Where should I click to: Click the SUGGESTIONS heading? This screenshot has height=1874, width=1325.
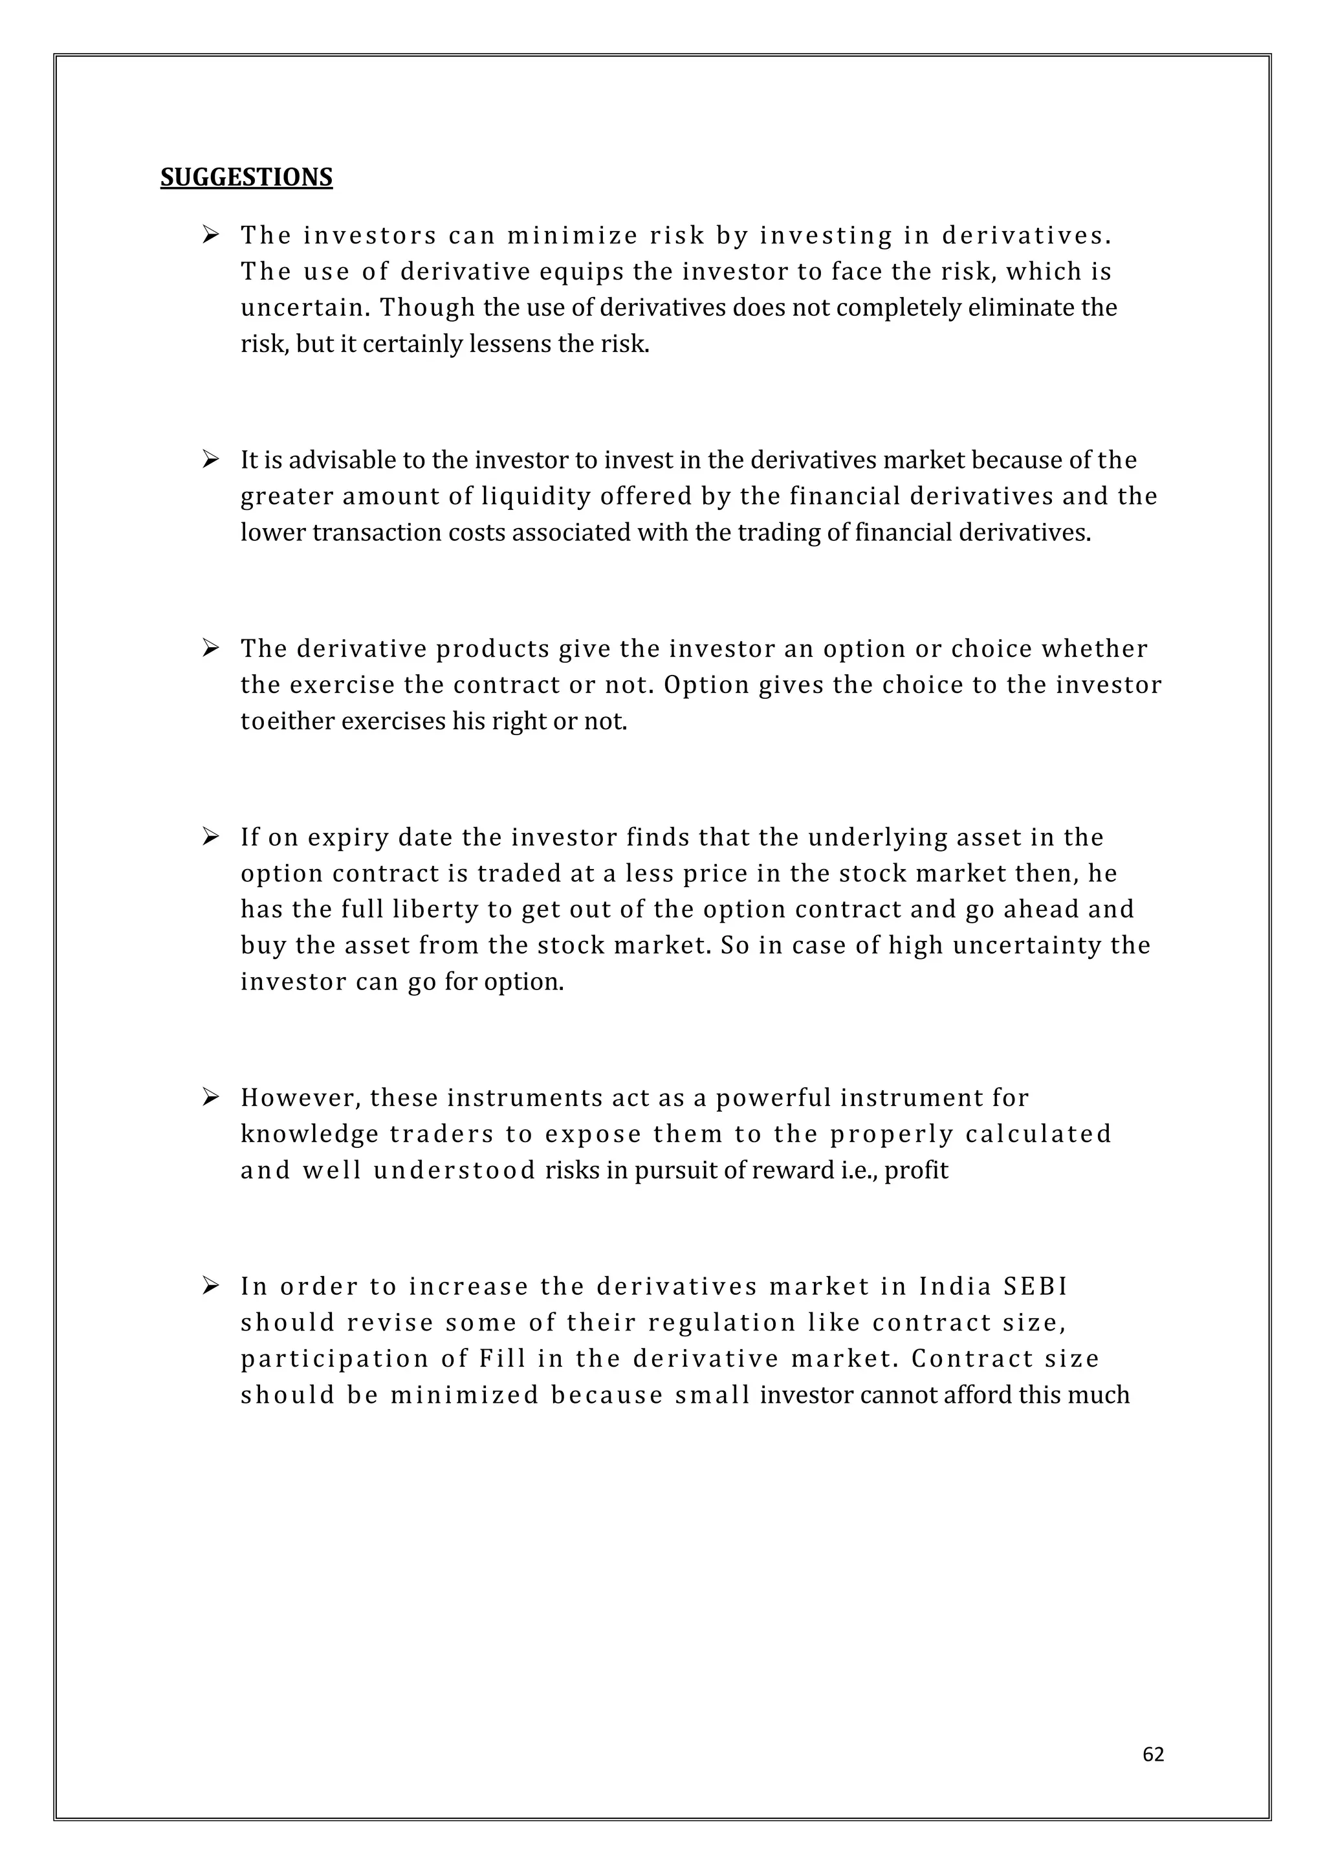246,177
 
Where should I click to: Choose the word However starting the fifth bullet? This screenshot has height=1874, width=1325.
300,1097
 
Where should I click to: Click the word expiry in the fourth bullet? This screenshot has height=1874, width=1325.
347,837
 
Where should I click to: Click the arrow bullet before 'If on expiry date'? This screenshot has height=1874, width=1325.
210,837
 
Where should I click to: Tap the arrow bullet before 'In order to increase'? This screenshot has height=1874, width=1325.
210,1286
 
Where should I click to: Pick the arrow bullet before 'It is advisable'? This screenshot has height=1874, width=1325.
210,459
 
